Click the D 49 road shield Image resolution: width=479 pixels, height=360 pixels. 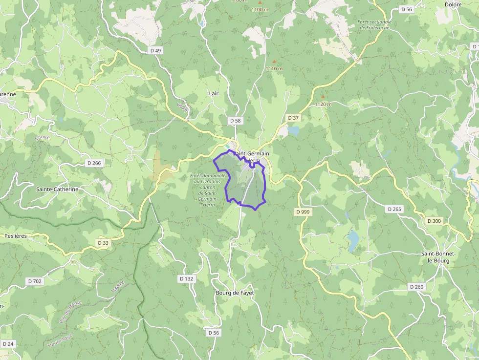pos(155,50)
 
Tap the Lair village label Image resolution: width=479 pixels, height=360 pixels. pos(214,93)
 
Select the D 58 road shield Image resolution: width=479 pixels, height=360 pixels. pos(235,120)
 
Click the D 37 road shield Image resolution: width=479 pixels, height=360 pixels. pos(293,118)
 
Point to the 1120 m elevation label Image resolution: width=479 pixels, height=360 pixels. pos(323,104)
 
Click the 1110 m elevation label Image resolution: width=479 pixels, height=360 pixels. pos(274,68)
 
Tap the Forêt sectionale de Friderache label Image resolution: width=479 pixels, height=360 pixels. pos(375,25)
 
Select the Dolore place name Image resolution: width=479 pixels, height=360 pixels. pos(453,5)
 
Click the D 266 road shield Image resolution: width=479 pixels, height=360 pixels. pos(94,163)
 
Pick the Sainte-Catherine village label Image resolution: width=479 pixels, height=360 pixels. pos(57,189)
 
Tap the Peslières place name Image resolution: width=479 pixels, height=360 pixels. pos(15,235)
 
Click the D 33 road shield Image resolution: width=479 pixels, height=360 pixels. pos(103,243)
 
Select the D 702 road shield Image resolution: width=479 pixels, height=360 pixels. pos(35,281)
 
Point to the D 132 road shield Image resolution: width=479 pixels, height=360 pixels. pos(186,278)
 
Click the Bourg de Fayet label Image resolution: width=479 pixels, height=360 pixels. pos(235,293)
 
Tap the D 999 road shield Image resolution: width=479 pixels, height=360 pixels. pos(303,212)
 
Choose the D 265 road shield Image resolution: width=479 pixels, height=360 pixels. pos(394,209)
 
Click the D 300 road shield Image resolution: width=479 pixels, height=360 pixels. pos(434,221)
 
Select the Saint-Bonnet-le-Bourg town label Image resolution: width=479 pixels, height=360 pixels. pos(438,257)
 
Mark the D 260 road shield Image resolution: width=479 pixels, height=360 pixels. pos(416,287)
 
